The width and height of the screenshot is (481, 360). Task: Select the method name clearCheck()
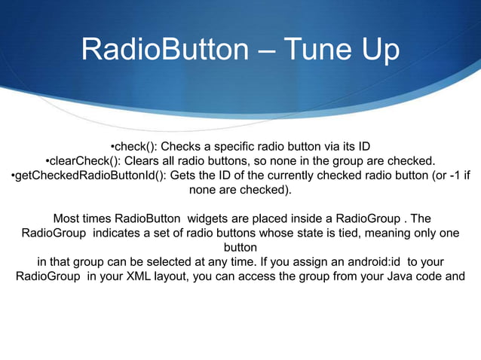coord(81,160)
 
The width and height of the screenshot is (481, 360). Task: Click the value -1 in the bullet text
coord(447,175)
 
